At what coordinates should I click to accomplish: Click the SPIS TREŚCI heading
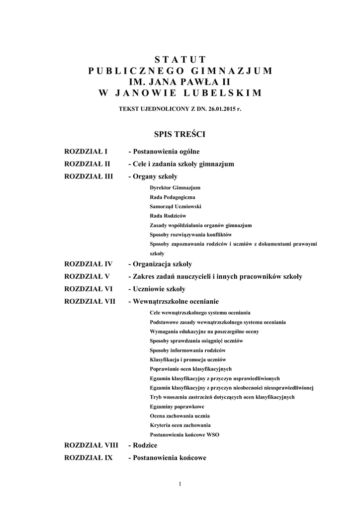click(180, 134)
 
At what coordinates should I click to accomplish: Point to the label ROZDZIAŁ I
click(87, 151)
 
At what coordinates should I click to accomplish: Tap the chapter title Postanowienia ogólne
click(164, 151)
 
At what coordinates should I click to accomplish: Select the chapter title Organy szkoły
click(153, 176)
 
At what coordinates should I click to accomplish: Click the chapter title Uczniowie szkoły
click(157, 289)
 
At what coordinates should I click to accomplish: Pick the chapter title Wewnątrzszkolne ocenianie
click(174, 301)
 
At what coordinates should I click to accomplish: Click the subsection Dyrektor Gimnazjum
click(175, 188)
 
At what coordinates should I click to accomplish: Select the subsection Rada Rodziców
click(168, 216)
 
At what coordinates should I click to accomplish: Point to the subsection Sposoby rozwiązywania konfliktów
click(190, 234)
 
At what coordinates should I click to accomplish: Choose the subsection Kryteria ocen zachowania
click(180, 425)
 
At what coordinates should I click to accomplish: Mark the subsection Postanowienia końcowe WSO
click(184, 434)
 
